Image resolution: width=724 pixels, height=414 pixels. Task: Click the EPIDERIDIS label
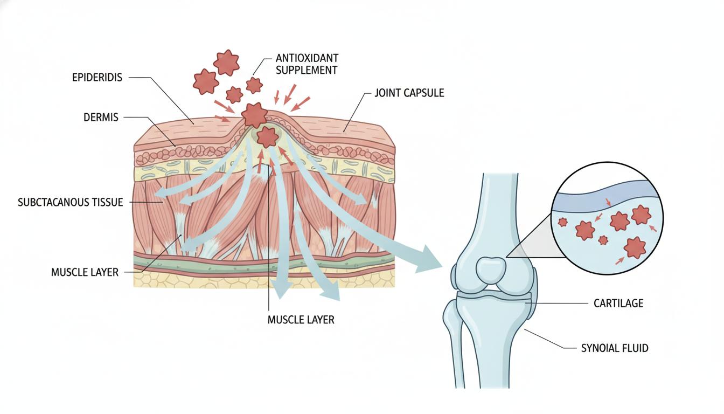click(x=97, y=78)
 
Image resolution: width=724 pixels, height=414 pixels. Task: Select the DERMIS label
click(x=101, y=117)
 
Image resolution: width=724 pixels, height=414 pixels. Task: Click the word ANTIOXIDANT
click(x=307, y=58)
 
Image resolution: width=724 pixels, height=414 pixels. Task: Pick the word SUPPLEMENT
click(x=306, y=70)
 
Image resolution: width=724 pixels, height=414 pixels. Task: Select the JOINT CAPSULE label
click(x=409, y=93)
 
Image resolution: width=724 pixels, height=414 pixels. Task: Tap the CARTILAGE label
click(x=618, y=303)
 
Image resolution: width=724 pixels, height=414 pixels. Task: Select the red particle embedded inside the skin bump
click(x=267, y=136)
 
